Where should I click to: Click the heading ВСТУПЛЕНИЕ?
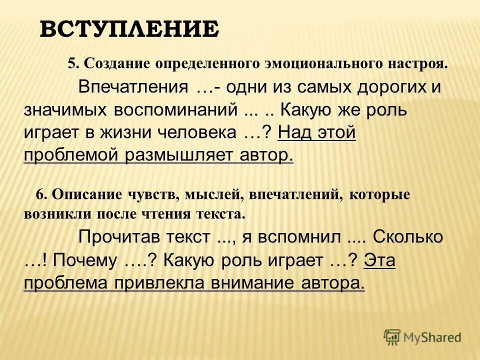pyautogui.click(x=129, y=29)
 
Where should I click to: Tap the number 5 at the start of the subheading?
pyautogui.click(x=71, y=64)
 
